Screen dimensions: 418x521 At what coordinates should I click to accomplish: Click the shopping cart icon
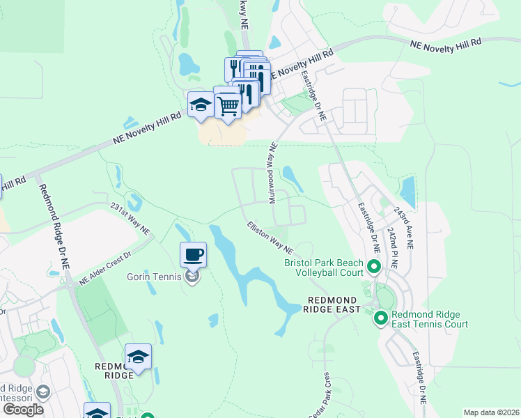coord(228,106)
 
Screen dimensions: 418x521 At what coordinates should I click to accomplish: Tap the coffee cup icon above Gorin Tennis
coord(194,254)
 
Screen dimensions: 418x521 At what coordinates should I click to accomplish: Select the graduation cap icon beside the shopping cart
coord(201,104)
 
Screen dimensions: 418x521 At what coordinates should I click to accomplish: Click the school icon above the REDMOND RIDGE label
coord(139,357)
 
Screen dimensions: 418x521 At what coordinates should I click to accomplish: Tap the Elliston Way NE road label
coord(269,238)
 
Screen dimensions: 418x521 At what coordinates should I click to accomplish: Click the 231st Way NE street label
coord(130,218)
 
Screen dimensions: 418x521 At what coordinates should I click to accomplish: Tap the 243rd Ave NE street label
coord(403,228)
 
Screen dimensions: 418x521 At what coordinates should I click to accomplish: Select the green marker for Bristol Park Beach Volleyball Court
coord(373,267)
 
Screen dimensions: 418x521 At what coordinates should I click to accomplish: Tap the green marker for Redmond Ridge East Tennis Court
coord(380,318)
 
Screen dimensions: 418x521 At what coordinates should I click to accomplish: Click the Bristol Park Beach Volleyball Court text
coord(324,268)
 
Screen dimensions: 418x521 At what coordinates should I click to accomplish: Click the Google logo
coord(23,409)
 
